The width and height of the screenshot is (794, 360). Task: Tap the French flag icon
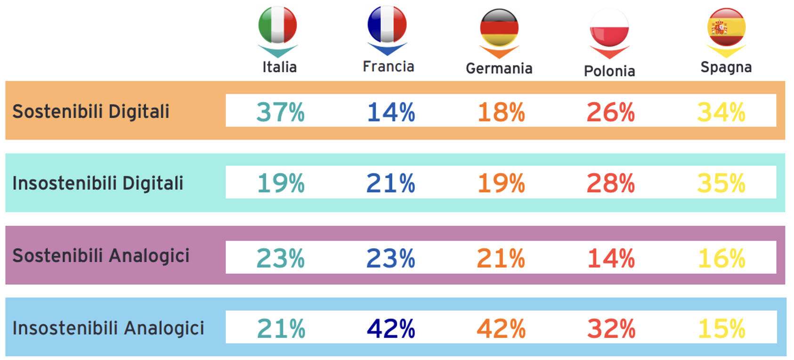[x=387, y=24]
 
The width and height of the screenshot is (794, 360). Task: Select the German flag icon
[x=499, y=27]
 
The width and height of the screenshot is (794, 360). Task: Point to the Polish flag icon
[x=609, y=28]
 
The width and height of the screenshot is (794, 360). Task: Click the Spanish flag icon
[x=726, y=27]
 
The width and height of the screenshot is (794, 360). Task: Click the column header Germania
[x=499, y=69]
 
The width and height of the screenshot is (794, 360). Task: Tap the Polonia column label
[x=609, y=71]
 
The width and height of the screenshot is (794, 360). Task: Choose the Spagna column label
[x=726, y=67]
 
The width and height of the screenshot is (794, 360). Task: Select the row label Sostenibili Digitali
[x=91, y=112]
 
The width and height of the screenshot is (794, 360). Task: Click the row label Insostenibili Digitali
[x=98, y=183]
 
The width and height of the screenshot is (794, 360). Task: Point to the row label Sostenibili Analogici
[x=101, y=256]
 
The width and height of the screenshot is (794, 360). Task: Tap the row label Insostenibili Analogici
[x=108, y=328]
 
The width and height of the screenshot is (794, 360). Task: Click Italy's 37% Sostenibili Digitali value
[x=281, y=113]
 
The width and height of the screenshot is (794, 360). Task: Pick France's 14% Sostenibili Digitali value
[x=391, y=113]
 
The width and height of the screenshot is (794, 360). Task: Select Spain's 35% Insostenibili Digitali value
[x=721, y=183]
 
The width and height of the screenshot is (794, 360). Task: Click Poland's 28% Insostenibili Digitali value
[x=611, y=183]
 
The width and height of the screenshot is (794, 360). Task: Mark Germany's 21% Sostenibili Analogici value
[x=501, y=259]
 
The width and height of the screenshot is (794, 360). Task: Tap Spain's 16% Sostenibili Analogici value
[x=721, y=259]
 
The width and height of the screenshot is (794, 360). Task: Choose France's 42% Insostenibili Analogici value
[x=391, y=328]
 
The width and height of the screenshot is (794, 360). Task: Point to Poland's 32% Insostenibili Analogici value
[x=611, y=328]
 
